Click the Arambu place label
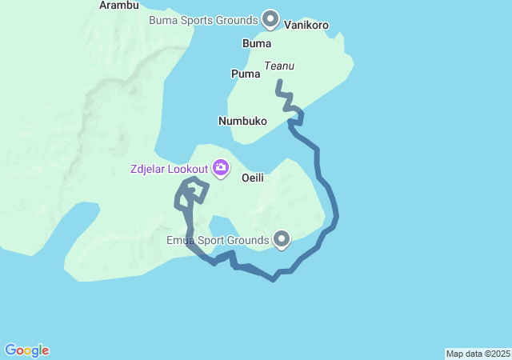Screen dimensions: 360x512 (118, 6)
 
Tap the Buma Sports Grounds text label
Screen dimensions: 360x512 (203, 19)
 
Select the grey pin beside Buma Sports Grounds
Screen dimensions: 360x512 (270, 18)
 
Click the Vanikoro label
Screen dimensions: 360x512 (306, 26)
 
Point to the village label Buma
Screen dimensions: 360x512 (256, 43)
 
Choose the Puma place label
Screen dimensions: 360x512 (246, 74)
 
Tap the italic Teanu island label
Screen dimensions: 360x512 (281, 68)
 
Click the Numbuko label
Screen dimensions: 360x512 (242, 122)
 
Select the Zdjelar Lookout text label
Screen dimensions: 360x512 (170, 169)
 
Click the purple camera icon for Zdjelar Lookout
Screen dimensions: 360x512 (220, 168)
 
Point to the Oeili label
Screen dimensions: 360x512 (253, 178)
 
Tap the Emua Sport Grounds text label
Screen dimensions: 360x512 (217, 240)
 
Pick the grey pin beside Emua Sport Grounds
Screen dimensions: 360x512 (282, 238)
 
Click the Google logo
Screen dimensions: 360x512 (26, 350)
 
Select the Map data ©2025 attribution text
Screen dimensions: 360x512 (478, 354)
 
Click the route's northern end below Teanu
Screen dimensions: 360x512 (278, 82)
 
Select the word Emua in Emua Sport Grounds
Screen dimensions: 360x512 (181, 240)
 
